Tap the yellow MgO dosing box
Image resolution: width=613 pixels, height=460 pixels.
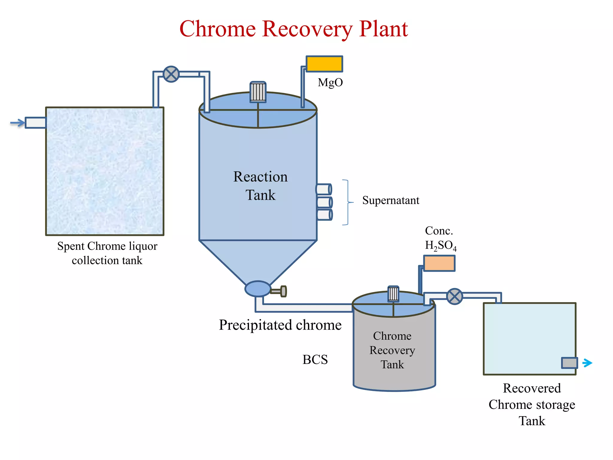[x=324, y=64]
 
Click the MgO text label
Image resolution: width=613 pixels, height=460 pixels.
[x=330, y=82]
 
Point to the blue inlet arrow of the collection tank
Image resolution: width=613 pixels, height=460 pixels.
[x=17, y=123]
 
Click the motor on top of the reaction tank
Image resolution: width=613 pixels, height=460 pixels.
[x=258, y=92]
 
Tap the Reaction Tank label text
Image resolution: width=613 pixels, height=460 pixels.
[x=260, y=186]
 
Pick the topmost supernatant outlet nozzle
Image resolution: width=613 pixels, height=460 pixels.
[x=324, y=189]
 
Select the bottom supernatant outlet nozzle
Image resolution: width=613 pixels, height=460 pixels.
[x=324, y=215]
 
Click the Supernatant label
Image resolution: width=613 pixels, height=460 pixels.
[x=391, y=200]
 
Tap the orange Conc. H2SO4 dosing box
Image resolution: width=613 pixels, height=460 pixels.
[x=439, y=263]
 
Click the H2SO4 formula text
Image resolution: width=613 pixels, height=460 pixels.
[x=441, y=246]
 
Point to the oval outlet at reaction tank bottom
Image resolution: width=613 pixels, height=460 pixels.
[x=258, y=289]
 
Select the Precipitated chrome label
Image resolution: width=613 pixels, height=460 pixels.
[x=280, y=325]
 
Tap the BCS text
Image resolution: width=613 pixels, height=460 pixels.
[x=315, y=360]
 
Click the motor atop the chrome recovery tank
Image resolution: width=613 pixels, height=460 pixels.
[x=393, y=294]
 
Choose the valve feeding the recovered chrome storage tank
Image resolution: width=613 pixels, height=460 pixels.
[x=455, y=296]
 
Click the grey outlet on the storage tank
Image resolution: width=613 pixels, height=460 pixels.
[x=569, y=363]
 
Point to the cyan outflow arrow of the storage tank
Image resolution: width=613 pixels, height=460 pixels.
[x=587, y=363]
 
